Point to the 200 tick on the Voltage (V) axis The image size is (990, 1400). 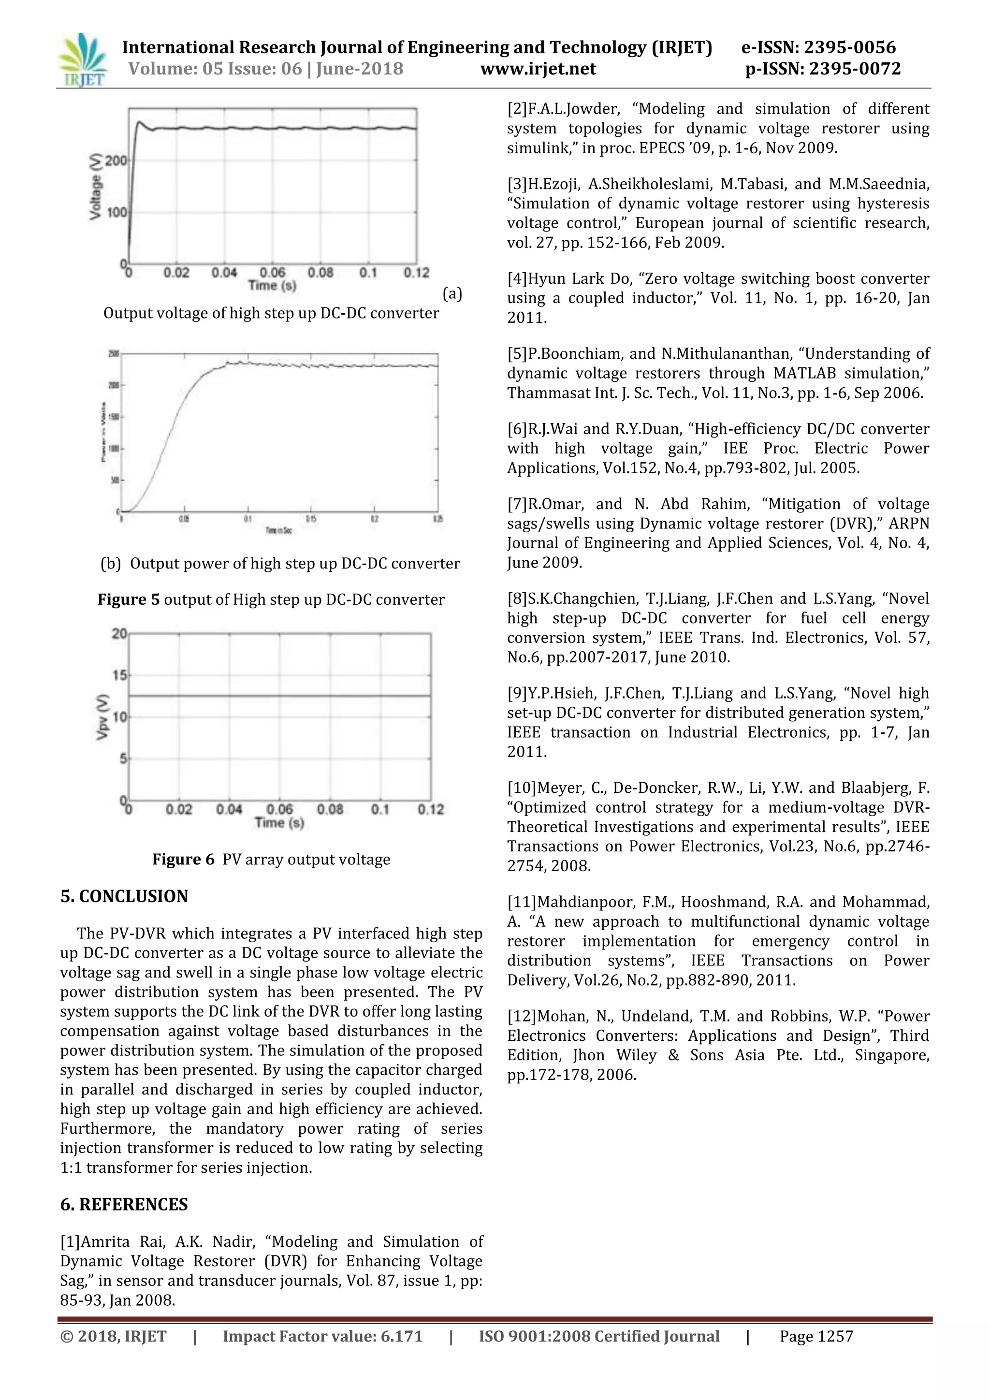click(116, 160)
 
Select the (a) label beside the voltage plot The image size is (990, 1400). click(451, 294)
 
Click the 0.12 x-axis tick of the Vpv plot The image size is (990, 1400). click(430, 810)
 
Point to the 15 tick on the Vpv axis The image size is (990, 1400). click(119, 675)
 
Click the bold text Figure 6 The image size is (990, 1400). click(183, 859)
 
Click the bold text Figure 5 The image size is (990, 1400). click(128, 599)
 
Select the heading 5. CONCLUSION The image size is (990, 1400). click(124, 896)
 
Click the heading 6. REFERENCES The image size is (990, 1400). click(124, 1204)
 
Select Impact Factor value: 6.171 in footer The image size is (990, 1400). click(322, 1336)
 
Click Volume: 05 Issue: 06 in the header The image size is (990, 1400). click(215, 69)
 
